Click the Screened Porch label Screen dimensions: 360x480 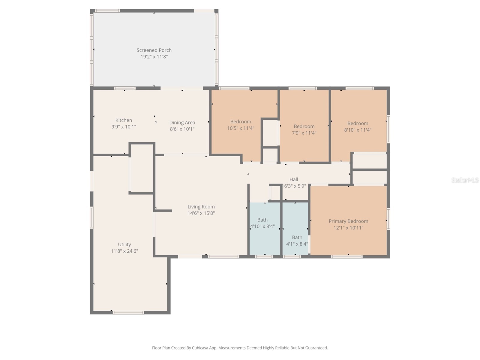(x=154, y=50)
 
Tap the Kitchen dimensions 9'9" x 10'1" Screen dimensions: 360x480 (x=124, y=127)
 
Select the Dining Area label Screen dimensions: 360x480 (x=182, y=122)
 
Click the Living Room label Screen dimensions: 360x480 (x=201, y=207)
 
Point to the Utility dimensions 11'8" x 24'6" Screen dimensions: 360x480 (x=124, y=251)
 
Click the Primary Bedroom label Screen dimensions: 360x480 (x=348, y=221)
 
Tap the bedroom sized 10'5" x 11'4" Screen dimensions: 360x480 (x=241, y=125)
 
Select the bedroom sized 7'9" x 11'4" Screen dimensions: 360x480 (x=304, y=130)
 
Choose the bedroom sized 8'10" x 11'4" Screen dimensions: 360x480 (x=358, y=127)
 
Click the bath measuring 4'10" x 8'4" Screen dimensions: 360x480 (x=262, y=223)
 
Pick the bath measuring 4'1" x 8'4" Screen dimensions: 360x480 (x=297, y=241)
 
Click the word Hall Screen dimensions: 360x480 (x=294, y=179)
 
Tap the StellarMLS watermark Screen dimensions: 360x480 (x=465, y=180)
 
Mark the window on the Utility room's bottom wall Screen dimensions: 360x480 (x=128, y=313)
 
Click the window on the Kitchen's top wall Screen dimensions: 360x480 (x=124, y=88)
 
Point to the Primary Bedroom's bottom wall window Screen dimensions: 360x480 (x=347, y=257)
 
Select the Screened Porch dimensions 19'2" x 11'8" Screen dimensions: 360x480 (x=154, y=57)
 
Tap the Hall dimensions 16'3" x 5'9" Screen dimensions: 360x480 (x=294, y=186)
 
